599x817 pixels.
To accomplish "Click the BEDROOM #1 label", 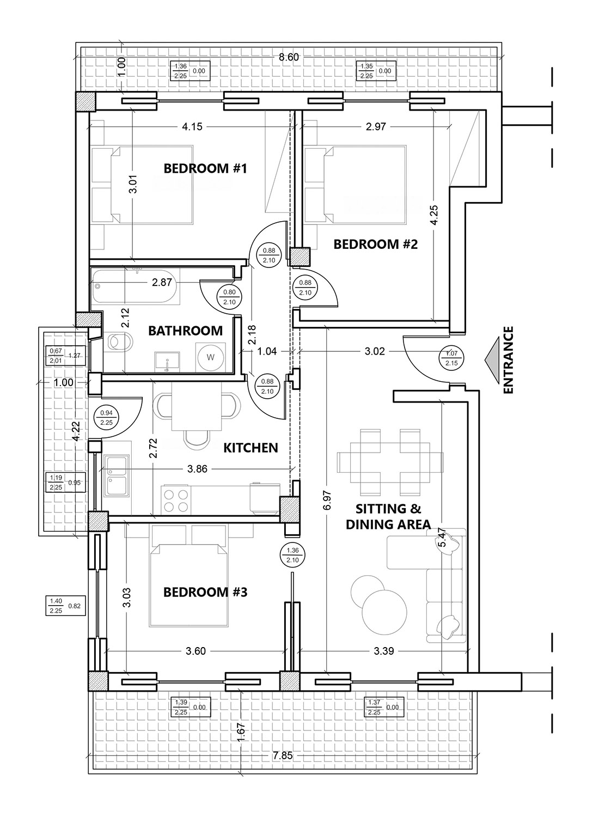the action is click(x=205, y=168).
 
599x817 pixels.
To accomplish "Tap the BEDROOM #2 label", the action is click(x=376, y=244).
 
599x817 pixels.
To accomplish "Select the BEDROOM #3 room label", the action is click(x=205, y=592).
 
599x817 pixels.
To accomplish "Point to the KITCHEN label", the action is click(x=250, y=448).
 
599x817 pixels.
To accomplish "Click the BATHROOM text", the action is click(x=185, y=331).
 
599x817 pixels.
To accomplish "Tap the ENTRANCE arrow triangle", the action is click(x=492, y=361).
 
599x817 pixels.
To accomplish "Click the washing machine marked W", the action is click(x=211, y=357).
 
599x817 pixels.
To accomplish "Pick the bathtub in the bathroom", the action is click(x=135, y=286).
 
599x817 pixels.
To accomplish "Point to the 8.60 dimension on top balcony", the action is click(x=289, y=57).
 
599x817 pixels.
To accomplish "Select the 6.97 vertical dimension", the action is click(x=327, y=502).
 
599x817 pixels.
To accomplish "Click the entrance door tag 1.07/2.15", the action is click(x=452, y=358).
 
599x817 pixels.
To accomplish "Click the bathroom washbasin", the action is click(x=167, y=362).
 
